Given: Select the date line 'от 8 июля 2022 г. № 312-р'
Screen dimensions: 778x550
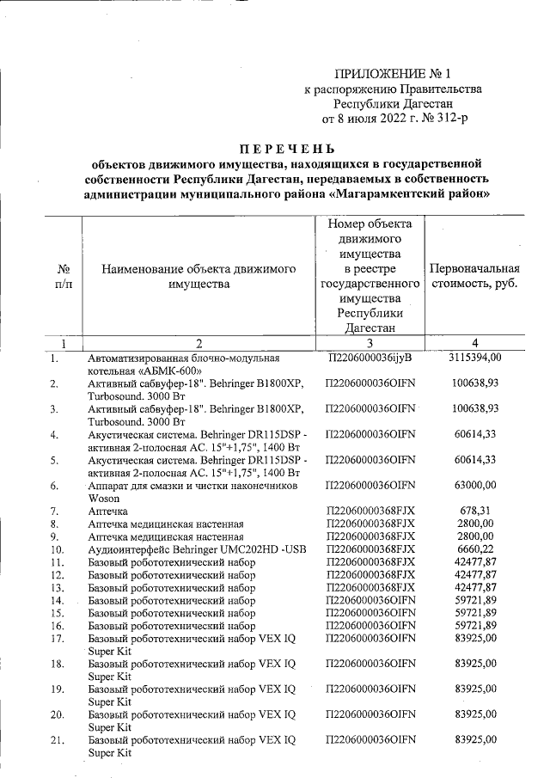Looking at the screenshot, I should (394, 118).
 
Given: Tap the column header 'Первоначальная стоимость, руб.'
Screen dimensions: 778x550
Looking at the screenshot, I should (474, 276).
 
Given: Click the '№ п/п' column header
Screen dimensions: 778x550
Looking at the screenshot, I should (62, 276).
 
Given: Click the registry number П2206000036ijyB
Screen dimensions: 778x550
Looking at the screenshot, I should (371, 357).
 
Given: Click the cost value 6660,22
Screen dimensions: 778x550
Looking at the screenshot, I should (475, 548).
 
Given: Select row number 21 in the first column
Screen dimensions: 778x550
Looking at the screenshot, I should (58, 739).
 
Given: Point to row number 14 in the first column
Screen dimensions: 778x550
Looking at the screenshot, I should (58, 599).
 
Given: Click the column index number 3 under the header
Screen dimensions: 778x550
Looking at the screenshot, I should (370, 342).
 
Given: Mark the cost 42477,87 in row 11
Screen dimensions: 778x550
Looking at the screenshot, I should (475, 561).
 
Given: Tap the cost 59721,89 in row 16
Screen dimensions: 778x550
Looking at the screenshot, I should (475, 625).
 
